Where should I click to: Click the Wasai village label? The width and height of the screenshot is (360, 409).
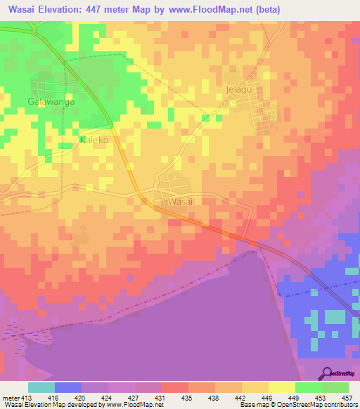181,202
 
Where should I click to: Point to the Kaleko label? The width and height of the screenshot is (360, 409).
94,141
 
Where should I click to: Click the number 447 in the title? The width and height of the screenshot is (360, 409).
111,11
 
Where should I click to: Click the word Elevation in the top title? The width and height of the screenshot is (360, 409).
70,11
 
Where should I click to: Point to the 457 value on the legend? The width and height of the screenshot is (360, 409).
347,398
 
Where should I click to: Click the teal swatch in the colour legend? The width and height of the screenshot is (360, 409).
41,387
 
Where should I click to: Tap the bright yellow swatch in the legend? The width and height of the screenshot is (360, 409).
281,387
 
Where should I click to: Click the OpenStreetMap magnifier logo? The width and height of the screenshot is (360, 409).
328,373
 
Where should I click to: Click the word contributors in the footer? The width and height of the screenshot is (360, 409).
337,405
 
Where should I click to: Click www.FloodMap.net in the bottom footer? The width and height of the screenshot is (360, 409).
139,405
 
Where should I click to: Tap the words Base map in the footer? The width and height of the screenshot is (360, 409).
250,405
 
